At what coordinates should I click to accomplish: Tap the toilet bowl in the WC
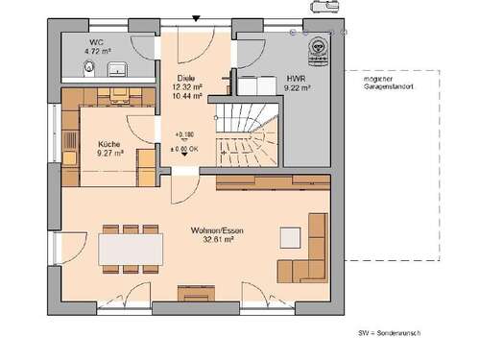click(89, 67)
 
